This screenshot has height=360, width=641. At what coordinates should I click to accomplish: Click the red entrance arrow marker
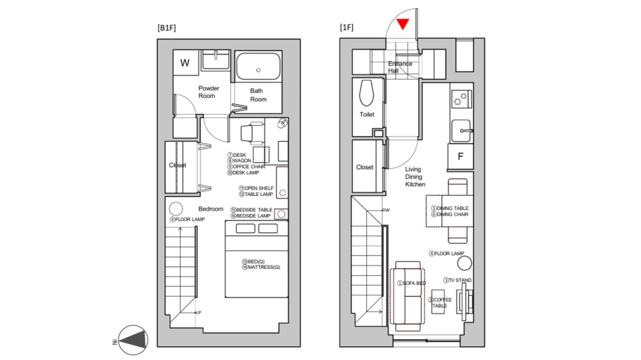(x=403, y=24)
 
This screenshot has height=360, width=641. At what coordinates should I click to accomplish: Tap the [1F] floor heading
(x=346, y=28)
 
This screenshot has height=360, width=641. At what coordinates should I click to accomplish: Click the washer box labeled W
(x=185, y=63)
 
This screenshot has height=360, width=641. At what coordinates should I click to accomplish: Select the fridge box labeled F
(x=460, y=156)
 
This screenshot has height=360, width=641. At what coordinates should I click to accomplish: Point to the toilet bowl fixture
(x=367, y=94)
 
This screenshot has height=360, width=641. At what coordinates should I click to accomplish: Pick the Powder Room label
(x=208, y=92)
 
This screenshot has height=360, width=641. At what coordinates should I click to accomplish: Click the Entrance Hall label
(x=400, y=67)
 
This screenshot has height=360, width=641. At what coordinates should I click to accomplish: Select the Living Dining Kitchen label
(x=415, y=177)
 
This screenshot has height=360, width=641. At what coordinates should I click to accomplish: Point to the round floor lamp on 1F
(x=465, y=263)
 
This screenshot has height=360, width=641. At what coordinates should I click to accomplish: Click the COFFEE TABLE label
(x=441, y=303)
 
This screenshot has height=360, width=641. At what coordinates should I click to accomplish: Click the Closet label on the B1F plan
(x=178, y=165)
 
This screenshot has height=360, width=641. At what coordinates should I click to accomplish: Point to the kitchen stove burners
(x=460, y=98)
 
